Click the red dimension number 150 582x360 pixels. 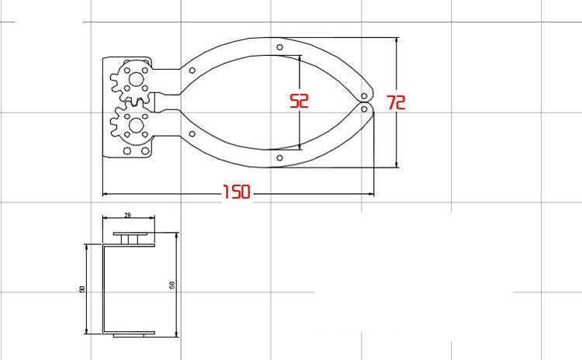click(237, 192)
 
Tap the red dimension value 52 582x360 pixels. click(299, 101)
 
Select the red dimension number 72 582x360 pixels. click(396, 102)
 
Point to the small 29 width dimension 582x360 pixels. click(127, 215)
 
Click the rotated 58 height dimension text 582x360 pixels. click(172, 285)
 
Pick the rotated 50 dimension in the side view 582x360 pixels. click(82, 289)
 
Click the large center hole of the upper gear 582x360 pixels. click(137, 79)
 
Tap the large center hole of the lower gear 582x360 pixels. click(137, 126)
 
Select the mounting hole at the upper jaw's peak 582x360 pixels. click(280, 47)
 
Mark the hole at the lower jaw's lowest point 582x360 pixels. click(280, 158)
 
